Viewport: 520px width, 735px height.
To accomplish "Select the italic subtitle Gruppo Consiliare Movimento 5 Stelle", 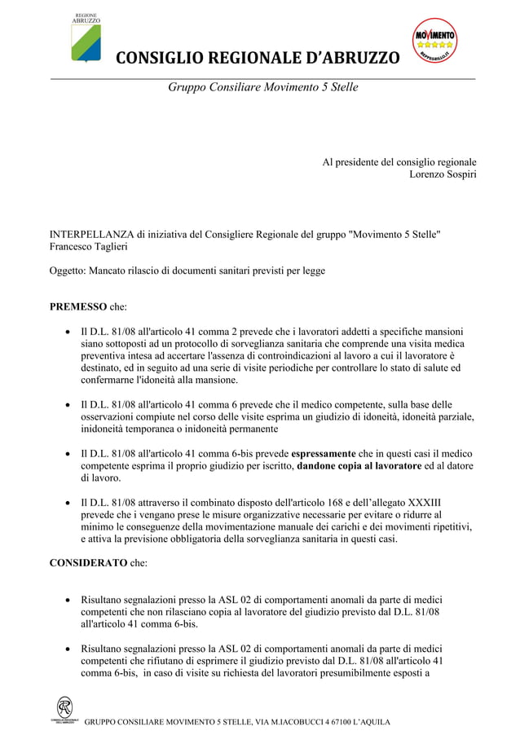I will pos(262,86).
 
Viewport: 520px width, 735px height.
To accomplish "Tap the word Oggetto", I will pos(68,271).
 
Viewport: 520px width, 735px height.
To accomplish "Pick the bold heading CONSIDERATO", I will pos(89,562).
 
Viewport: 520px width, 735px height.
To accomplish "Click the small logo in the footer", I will pos(64,710).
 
